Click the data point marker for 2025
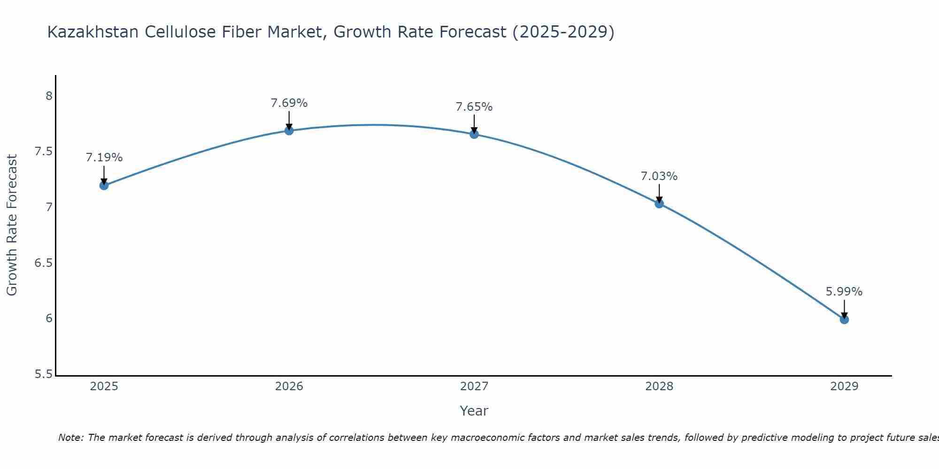pos(104,185)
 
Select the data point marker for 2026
pos(289,130)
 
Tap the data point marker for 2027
pos(474,134)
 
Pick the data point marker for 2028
pos(659,204)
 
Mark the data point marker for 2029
pos(844,319)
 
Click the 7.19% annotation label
pos(104,158)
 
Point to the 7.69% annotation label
pos(289,103)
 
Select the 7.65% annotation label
pos(474,107)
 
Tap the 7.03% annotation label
pos(659,176)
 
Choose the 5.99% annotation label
pos(844,292)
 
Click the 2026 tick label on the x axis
pos(289,386)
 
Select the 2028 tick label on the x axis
pos(659,386)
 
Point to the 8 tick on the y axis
pos(49,96)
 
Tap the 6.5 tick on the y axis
pos(43,263)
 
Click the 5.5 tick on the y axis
pos(43,374)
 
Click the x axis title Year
pos(474,411)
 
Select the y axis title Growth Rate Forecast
pos(12,225)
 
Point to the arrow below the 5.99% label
pos(844,309)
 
